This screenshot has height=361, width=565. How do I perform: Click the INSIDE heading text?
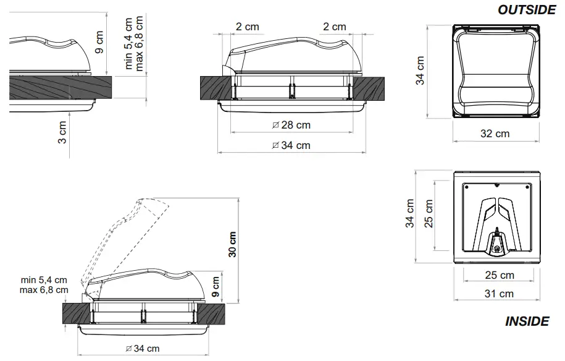tap(527, 321)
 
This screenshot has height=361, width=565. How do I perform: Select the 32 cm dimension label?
tap(495, 134)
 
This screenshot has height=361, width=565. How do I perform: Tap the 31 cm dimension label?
tap(498, 294)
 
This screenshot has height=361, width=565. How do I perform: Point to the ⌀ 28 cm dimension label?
tap(291, 125)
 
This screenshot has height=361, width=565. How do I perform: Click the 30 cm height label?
tap(233, 245)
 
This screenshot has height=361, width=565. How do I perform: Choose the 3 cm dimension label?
tap(62, 132)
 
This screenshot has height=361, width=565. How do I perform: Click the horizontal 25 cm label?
tap(499, 275)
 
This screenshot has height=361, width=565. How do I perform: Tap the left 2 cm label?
tap(247, 27)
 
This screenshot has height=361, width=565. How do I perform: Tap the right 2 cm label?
tap(335, 27)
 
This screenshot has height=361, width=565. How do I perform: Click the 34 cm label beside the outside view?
tap(421, 71)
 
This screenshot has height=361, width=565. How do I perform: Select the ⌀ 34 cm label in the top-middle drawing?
tap(291, 145)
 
